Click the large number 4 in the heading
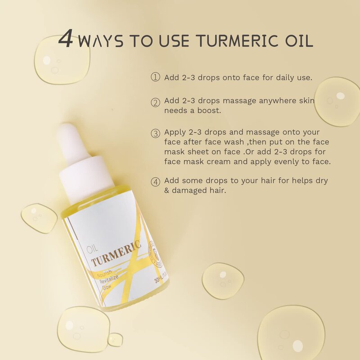click(66, 40)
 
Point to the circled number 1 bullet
click(155, 77)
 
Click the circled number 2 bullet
click(155, 102)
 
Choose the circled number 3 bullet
click(155, 134)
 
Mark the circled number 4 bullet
click(155, 182)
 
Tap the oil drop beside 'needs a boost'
click(337, 102)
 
